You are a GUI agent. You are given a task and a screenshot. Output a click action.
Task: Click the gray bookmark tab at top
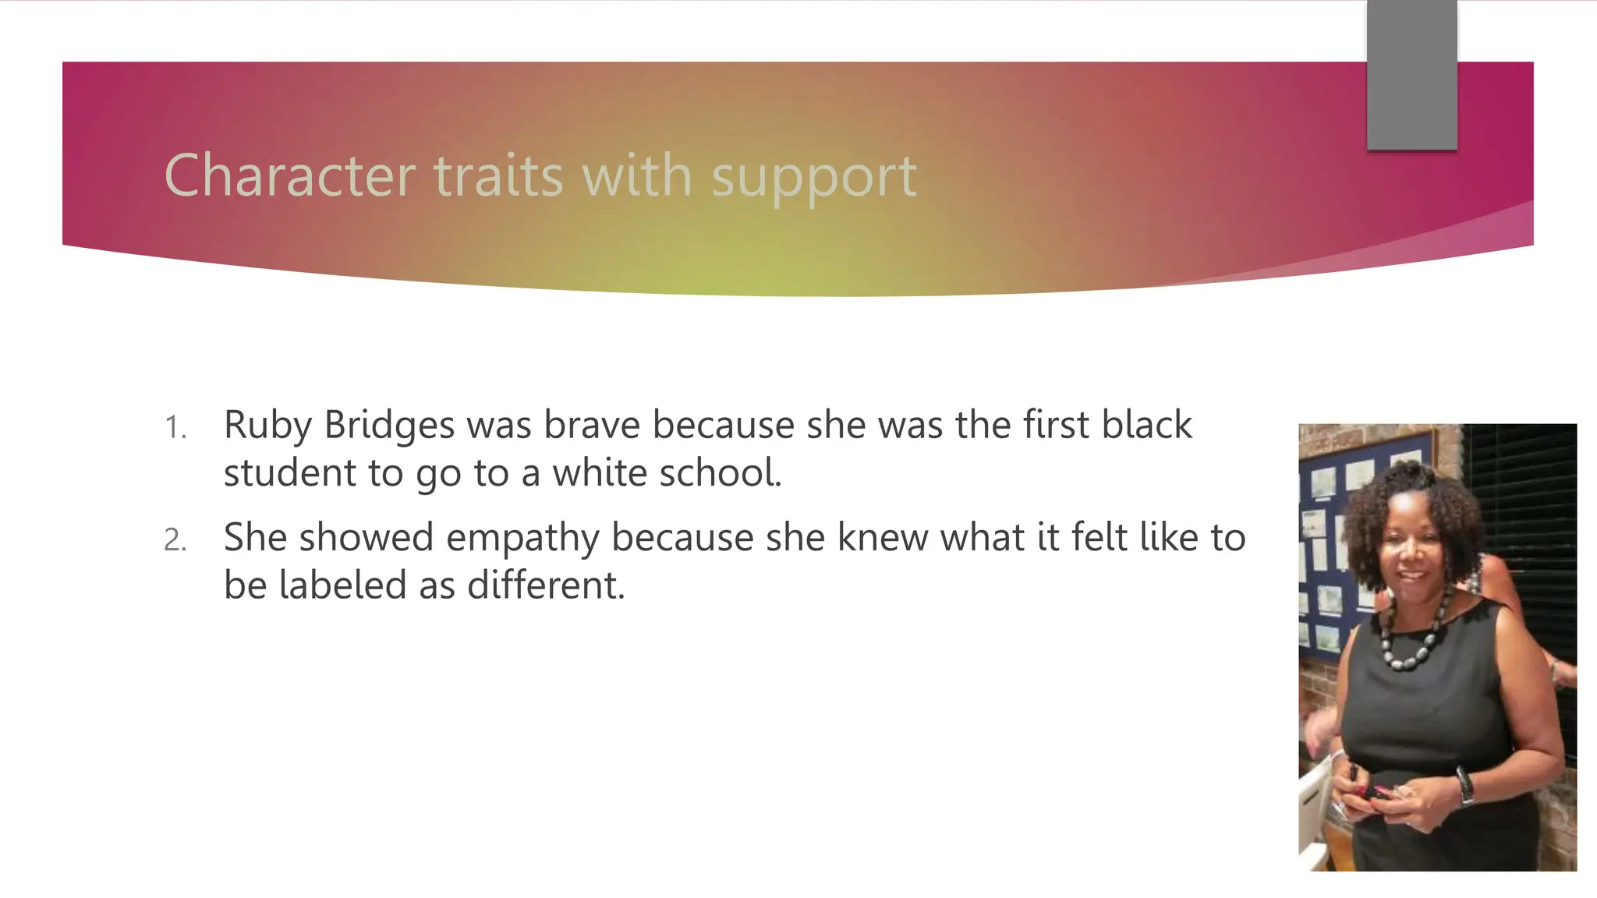coord(1411,75)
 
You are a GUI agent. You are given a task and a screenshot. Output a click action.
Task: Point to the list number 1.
coord(175,428)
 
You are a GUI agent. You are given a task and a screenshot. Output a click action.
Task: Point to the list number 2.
coord(175,540)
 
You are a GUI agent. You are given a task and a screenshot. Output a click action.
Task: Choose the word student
coord(289,473)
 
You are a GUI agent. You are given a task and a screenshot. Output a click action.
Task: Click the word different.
coord(545,585)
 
